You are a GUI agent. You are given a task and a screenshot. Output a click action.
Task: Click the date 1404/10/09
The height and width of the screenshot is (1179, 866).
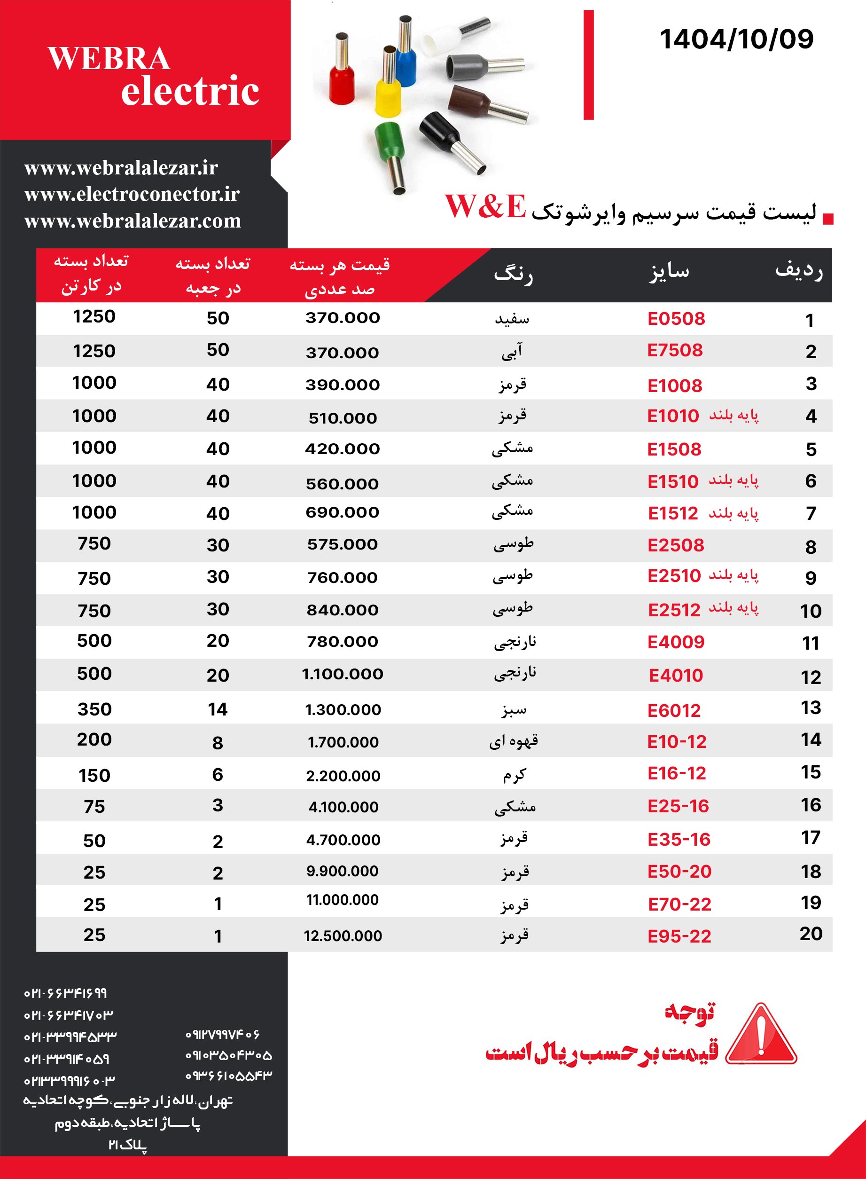736,39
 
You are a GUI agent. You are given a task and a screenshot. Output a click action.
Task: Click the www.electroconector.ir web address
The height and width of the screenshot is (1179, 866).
132,195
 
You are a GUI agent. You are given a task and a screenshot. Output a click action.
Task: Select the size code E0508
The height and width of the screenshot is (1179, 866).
676,319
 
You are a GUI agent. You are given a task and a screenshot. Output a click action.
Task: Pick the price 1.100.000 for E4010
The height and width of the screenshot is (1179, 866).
342,674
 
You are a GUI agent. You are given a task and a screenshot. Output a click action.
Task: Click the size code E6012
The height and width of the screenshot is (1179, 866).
674,711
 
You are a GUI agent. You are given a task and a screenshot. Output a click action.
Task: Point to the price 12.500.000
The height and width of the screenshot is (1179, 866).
343,935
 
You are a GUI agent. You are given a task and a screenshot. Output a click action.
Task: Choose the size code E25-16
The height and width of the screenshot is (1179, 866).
678,806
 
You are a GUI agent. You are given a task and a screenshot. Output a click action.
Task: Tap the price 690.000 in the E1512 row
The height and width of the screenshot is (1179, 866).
342,512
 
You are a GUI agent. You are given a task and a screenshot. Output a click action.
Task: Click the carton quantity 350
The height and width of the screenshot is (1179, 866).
94,709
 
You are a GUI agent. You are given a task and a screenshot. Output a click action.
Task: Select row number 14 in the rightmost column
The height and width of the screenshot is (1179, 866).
811,740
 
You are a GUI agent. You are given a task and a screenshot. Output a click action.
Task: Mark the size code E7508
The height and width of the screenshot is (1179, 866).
675,350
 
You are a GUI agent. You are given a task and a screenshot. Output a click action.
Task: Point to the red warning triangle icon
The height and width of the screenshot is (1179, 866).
761,1036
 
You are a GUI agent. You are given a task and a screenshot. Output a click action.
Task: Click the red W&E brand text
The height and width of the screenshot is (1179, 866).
485,206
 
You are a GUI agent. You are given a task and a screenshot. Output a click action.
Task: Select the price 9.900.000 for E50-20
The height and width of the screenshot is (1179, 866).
342,871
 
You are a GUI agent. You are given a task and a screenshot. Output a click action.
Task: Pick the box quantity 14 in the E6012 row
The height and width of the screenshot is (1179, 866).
218,709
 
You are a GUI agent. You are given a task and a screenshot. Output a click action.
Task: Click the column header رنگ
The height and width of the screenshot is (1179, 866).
513,274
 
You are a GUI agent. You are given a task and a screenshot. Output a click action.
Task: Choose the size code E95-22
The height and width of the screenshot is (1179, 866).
679,936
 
